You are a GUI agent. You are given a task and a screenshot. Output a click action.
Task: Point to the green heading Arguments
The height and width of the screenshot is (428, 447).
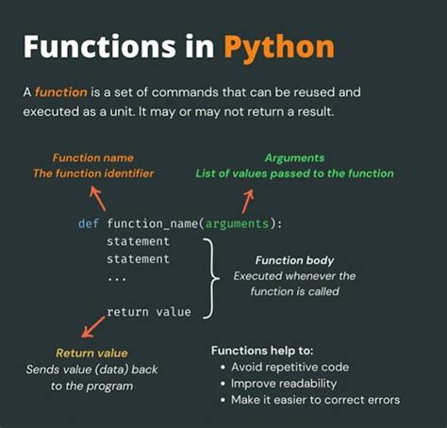click(x=294, y=157)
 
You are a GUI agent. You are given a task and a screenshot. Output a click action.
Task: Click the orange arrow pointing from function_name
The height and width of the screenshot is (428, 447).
click(x=96, y=198)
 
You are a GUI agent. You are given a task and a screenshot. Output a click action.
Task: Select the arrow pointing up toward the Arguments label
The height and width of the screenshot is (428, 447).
click(x=248, y=199)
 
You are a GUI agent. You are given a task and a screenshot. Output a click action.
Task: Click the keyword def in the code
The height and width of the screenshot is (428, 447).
click(x=90, y=223)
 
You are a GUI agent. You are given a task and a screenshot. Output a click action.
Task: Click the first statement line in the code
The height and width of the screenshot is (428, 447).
click(x=139, y=241)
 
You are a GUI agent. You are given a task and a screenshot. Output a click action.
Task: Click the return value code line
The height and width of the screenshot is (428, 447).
click(x=149, y=311)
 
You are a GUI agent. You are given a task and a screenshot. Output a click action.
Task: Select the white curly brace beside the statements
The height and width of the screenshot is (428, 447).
click(x=210, y=276)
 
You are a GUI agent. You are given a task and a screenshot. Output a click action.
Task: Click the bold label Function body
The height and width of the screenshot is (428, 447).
click(x=294, y=259)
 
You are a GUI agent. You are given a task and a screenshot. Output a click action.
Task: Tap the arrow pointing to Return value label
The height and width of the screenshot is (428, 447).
click(x=91, y=326)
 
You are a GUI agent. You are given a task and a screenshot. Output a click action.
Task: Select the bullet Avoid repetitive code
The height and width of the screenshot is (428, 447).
click(x=290, y=367)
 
